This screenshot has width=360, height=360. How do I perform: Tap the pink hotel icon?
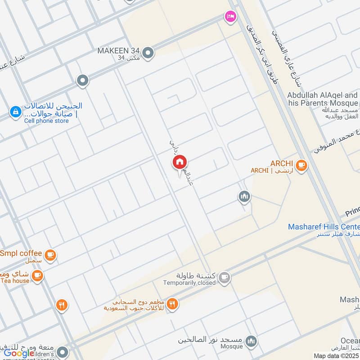tap(230, 16)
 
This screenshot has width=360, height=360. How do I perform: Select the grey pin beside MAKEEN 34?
tap(148, 54)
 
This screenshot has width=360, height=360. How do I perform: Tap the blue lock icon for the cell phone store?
tap(15, 111)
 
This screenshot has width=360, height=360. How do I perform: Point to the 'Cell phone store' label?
tap(46, 121)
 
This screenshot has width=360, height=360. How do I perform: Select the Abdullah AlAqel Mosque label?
tap(323, 99)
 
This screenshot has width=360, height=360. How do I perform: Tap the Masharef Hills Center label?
tap(324, 227)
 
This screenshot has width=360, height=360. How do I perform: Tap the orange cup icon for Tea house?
tap(37, 275)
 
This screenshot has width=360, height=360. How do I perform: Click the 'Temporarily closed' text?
tap(189, 283)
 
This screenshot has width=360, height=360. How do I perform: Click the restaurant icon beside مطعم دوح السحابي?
tap(172, 305)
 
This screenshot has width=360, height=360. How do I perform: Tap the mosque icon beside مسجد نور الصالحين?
tap(251, 341)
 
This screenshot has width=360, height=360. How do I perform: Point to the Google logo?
tap(19, 353)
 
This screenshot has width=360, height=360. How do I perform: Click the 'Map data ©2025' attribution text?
tap(336, 355)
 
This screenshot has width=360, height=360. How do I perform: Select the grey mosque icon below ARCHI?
tap(244, 197)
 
